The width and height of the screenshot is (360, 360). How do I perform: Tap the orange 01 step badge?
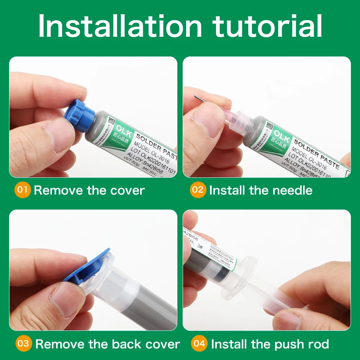coord(23,189)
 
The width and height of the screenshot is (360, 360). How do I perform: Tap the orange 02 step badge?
coord(198,189)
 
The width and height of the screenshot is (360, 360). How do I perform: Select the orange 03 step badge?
coord(23,344)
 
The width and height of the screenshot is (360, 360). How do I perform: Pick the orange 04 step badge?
coord(199,344)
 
